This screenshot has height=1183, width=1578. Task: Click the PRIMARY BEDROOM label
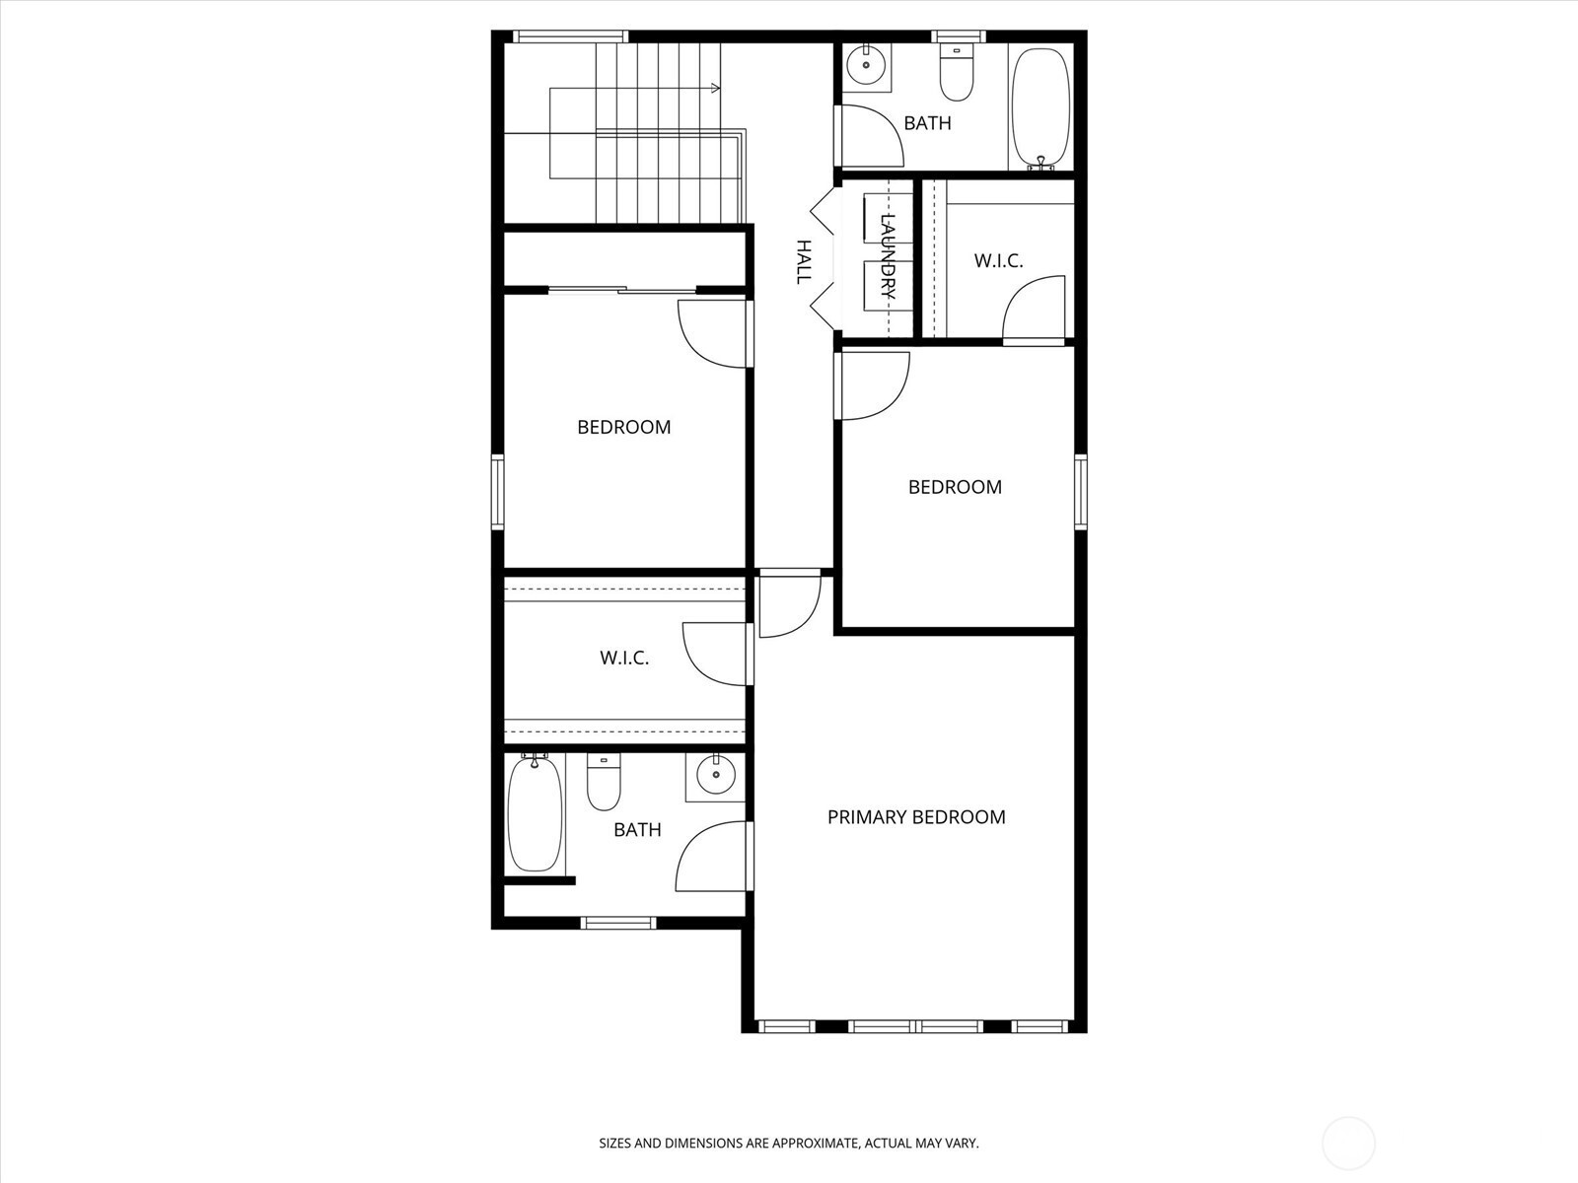click(916, 817)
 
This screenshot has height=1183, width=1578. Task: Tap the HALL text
click(803, 262)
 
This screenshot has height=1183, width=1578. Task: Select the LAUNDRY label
click(889, 256)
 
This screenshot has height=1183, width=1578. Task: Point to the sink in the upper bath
click(866, 65)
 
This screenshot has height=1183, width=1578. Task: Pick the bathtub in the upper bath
click(1040, 107)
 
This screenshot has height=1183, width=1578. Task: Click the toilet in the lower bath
click(604, 782)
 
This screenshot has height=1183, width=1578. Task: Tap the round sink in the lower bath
click(715, 776)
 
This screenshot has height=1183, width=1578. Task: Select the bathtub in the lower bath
click(535, 814)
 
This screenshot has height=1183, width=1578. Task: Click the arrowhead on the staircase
click(715, 89)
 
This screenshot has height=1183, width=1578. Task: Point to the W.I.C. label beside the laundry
click(998, 260)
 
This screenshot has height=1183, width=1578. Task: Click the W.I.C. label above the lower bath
click(624, 658)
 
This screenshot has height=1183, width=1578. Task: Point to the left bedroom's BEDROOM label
click(624, 428)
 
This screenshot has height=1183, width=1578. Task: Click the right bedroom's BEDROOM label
click(955, 487)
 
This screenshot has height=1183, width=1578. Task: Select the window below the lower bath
click(618, 923)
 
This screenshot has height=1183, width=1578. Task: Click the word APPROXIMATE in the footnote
click(816, 1144)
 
